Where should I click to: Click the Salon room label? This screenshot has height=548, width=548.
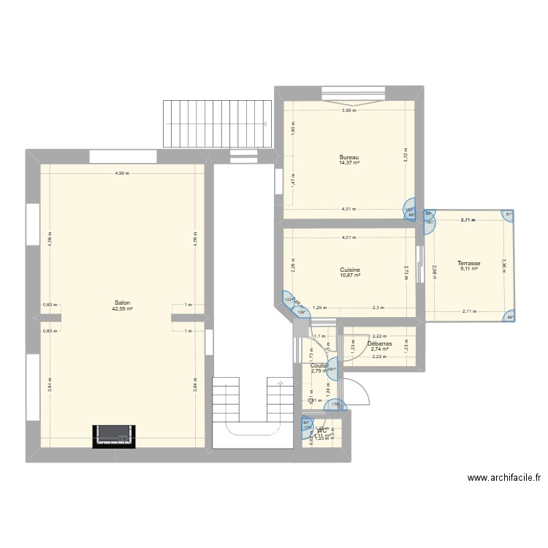point(122,302)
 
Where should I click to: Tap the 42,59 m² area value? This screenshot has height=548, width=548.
point(122,308)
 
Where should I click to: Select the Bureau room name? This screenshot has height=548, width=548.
point(349,157)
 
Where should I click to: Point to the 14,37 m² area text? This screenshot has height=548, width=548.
point(349,163)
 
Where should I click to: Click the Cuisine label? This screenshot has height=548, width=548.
point(349,270)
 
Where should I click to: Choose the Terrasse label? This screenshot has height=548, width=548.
point(468,263)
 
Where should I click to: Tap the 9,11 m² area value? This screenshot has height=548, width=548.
point(468,269)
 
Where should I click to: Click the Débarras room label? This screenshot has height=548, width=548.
point(379,343)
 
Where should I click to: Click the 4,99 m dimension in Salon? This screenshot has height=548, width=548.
point(122,173)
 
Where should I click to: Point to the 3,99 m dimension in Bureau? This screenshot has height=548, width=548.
point(349,110)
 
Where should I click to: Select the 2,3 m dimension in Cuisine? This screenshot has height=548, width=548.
point(378,308)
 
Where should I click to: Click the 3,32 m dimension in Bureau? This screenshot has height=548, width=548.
point(405,155)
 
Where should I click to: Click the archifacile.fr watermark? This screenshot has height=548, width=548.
point(503,479)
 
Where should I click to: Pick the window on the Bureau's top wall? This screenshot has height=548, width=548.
point(353,93)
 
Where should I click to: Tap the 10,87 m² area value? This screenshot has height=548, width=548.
point(349,275)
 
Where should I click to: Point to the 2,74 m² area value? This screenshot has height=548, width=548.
point(379,349)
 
